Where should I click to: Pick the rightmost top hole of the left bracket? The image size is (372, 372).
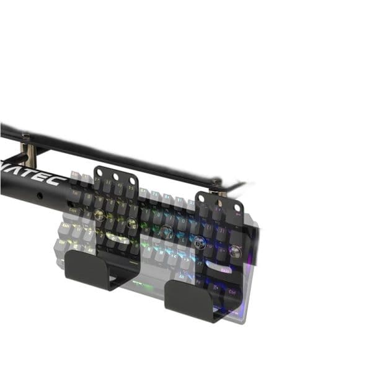[x=132, y=180]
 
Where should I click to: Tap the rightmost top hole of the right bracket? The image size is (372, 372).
[x=237, y=207]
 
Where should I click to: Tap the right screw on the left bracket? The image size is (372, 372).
[x=131, y=222]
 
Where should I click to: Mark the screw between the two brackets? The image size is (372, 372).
[x=166, y=231]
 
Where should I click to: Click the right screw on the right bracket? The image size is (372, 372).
[x=236, y=251]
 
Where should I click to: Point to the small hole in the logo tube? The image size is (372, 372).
[x=40, y=195]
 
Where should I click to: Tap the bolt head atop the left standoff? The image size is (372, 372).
[x=25, y=137]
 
